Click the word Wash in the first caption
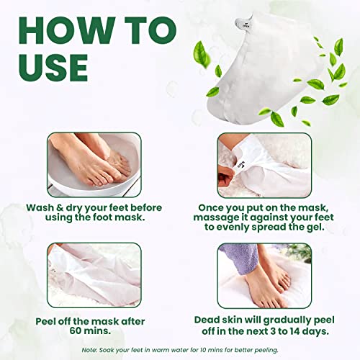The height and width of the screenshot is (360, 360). click(x=41, y=208)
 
